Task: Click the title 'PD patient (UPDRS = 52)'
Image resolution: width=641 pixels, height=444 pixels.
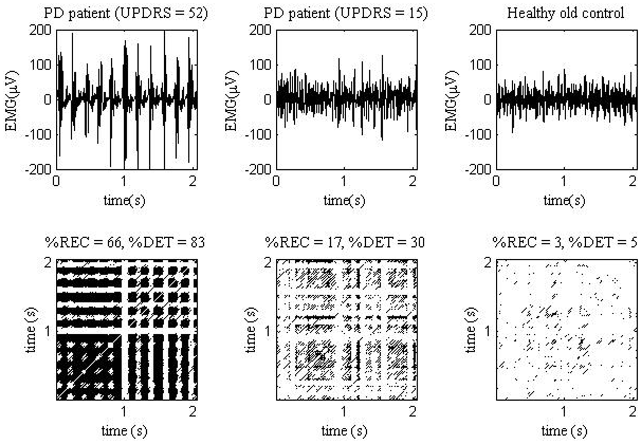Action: point(126,13)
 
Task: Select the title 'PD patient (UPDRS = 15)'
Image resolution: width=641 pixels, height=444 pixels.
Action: point(346,13)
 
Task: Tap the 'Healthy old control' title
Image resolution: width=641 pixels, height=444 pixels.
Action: point(566,13)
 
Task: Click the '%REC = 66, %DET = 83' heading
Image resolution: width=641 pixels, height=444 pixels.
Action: point(125,242)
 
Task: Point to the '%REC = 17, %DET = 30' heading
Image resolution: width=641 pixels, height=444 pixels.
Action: point(345,242)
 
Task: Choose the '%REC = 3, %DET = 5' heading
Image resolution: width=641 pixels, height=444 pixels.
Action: point(565,242)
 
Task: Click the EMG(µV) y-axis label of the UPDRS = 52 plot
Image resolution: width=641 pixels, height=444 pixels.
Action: point(12,101)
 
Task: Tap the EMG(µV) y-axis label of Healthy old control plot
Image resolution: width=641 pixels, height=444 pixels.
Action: point(451,101)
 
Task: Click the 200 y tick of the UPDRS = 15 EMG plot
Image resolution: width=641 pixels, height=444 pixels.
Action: point(260,30)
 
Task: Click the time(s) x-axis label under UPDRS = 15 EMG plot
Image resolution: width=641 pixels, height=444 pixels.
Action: point(344,200)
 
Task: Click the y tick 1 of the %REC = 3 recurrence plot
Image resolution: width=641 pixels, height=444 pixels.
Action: point(488,331)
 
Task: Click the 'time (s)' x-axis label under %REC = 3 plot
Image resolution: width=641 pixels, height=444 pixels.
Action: point(564,431)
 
